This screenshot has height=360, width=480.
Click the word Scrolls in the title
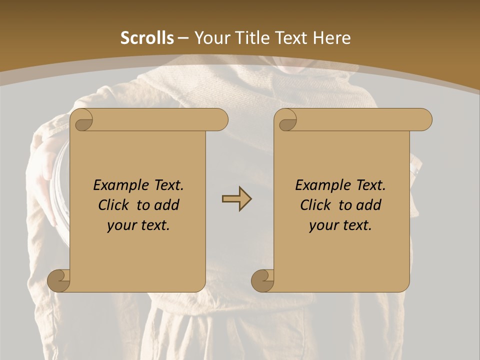click(x=147, y=38)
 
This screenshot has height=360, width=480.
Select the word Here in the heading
click(x=331, y=38)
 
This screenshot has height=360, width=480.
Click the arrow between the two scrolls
click(x=236, y=199)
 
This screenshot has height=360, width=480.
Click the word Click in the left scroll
click(x=113, y=205)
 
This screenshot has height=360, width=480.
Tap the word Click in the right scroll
click(x=315, y=205)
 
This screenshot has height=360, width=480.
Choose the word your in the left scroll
click(x=120, y=225)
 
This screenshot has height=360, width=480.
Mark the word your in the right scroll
click(x=322, y=225)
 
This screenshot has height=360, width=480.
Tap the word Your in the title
click(x=210, y=38)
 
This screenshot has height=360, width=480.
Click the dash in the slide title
click(x=183, y=38)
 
